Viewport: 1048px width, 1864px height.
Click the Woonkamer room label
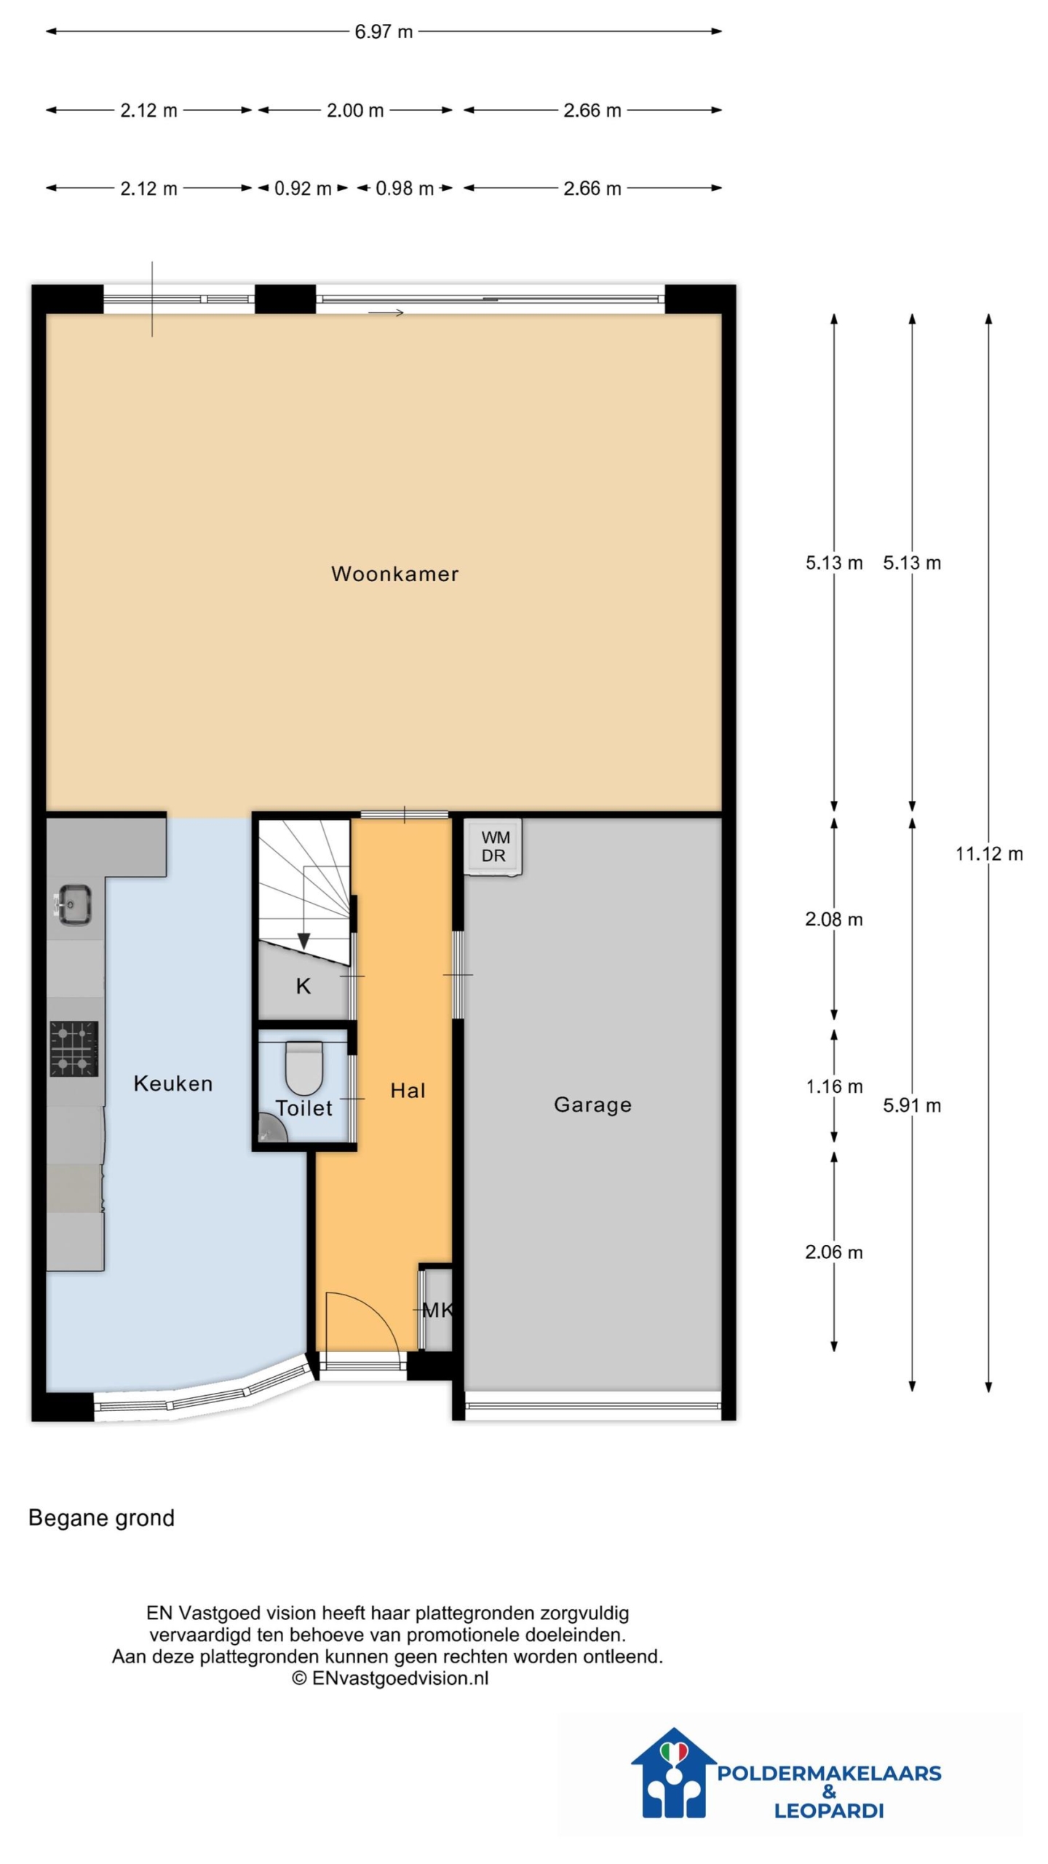tap(394, 574)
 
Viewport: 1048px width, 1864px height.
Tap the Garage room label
tap(592, 1105)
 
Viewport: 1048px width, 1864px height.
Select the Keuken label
tap(173, 1083)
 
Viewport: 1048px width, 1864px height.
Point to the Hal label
tap(408, 1090)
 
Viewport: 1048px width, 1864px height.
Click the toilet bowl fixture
tap(303, 1067)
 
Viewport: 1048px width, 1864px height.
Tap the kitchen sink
tap(73, 904)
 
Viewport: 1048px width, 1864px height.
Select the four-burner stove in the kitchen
tap(74, 1048)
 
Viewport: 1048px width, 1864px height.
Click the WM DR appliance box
tap(494, 847)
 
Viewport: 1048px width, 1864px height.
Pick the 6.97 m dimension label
tap(384, 32)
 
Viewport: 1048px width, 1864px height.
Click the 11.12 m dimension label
tap(989, 853)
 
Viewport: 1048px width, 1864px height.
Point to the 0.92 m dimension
tap(303, 189)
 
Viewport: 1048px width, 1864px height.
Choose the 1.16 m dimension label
tap(834, 1086)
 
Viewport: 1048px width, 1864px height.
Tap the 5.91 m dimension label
tap(912, 1105)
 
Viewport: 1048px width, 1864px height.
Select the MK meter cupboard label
tap(437, 1310)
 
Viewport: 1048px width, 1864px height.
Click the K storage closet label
tap(303, 986)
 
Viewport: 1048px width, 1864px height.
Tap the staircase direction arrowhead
tap(303, 941)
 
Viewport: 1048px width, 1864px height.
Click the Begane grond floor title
tap(101, 1518)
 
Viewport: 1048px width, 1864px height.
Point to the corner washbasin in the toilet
tap(271, 1129)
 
